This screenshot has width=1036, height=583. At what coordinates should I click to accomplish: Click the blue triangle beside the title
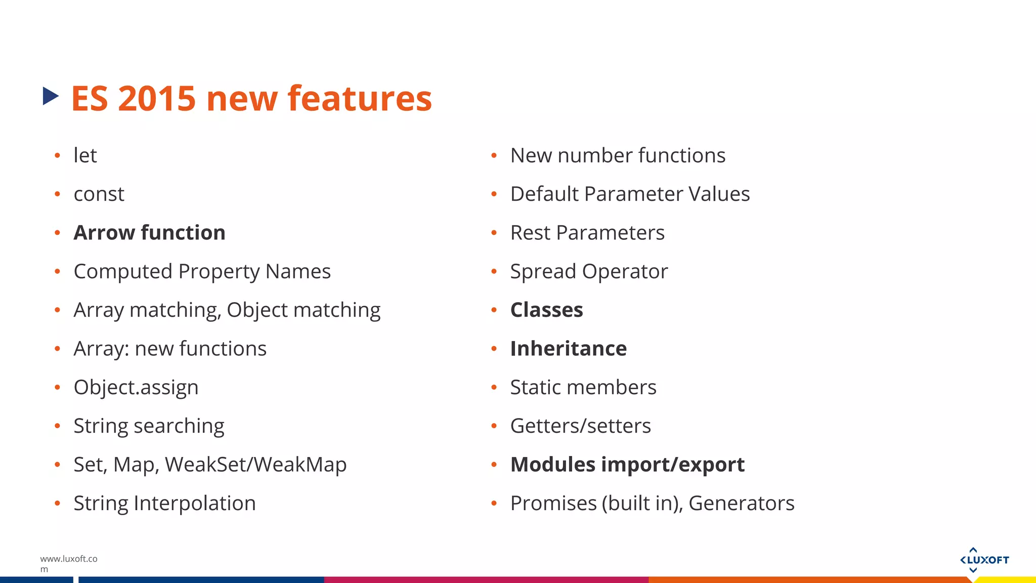[x=50, y=96]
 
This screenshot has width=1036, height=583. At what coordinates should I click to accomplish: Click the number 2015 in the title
[x=156, y=98]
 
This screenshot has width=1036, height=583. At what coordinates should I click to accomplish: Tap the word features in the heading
[x=360, y=98]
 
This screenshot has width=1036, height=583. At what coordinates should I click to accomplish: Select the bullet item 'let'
[x=85, y=155]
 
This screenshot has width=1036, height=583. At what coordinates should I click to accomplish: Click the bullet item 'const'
[x=99, y=194]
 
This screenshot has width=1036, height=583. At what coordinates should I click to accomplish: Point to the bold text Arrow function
[x=149, y=233]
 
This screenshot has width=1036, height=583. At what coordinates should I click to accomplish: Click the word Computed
[x=123, y=272]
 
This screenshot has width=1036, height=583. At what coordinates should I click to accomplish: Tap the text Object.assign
[x=136, y=388]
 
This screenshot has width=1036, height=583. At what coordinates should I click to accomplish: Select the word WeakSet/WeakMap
[x=255, y=465]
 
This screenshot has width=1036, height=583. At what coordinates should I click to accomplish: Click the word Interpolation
[x=195, y=504]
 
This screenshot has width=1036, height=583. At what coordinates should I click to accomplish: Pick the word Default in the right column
[x=544, y=194]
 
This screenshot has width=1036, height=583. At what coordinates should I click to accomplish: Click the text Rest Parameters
[x=587, y=233]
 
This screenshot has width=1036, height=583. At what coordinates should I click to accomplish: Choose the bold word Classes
[x=546, y=310]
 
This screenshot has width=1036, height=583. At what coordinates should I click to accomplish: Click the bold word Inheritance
[x=568, y=349]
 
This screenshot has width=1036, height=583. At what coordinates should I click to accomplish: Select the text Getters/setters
[x=580, y=426]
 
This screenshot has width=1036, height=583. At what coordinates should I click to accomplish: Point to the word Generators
[x=741, y=504]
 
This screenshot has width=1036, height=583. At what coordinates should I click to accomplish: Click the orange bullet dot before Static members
[x=494, y=388]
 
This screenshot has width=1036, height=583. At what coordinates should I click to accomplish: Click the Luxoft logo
[x=984, y=560]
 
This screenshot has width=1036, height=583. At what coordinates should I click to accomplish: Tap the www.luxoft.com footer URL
[x=68, y=563]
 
